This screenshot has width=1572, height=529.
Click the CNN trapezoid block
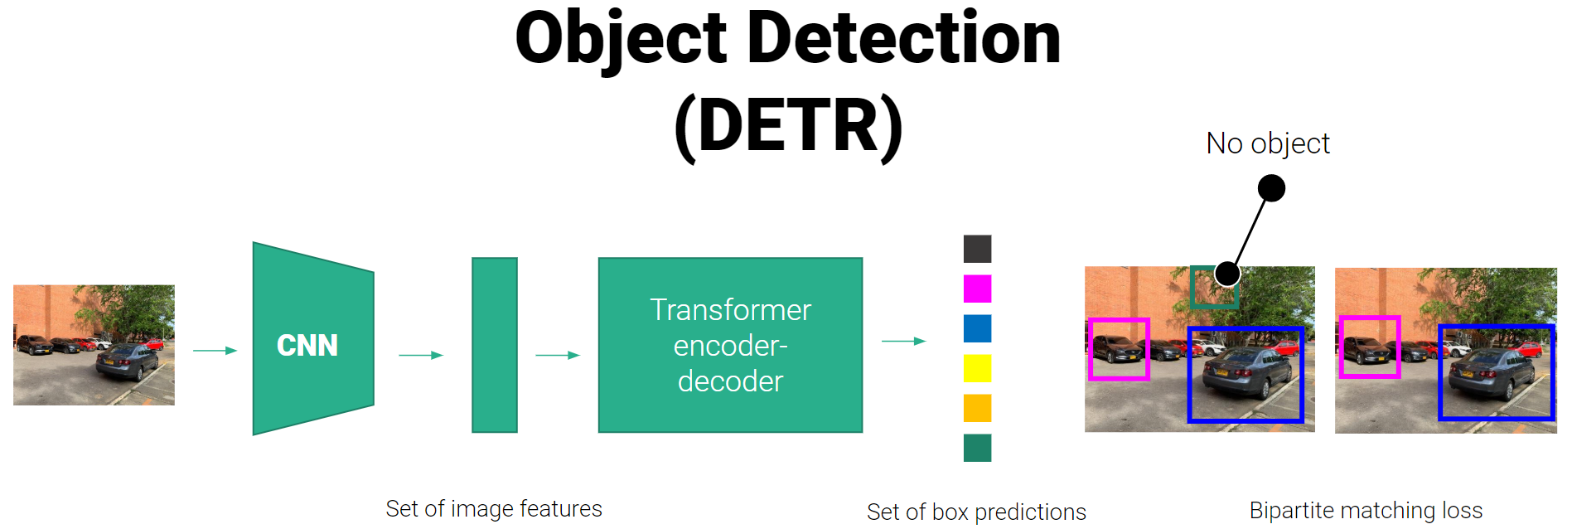coord(312,338)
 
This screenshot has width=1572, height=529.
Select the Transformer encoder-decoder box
coord(730,345)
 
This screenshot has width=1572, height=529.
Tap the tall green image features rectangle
coord(495,345)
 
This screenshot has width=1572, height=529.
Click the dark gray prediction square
coord(977,249)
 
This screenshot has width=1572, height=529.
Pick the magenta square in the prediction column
coord(977,289)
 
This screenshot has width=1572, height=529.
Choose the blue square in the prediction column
coord(977,328)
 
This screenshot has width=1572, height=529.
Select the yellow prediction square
coord(977,368)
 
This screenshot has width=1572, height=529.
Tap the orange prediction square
coord(977,408)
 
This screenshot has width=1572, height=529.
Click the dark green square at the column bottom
coord(977,448)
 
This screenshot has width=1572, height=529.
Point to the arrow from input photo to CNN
coord(215,351)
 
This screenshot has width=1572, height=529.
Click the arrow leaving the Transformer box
coord(903,341)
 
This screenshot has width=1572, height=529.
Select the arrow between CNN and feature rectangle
coord(421,355)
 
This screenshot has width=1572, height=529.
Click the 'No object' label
coord(1267,143)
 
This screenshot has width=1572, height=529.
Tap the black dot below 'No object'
coord(1271,188)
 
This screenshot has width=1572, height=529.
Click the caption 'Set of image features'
coord(494,508)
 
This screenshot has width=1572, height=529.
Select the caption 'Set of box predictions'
coord(976,512)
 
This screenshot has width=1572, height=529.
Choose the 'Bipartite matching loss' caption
coord(1366,510)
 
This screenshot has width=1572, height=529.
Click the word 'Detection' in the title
coord(904,39)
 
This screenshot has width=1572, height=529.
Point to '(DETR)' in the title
coord(788,126)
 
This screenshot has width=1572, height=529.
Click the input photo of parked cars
coord(94,345)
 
